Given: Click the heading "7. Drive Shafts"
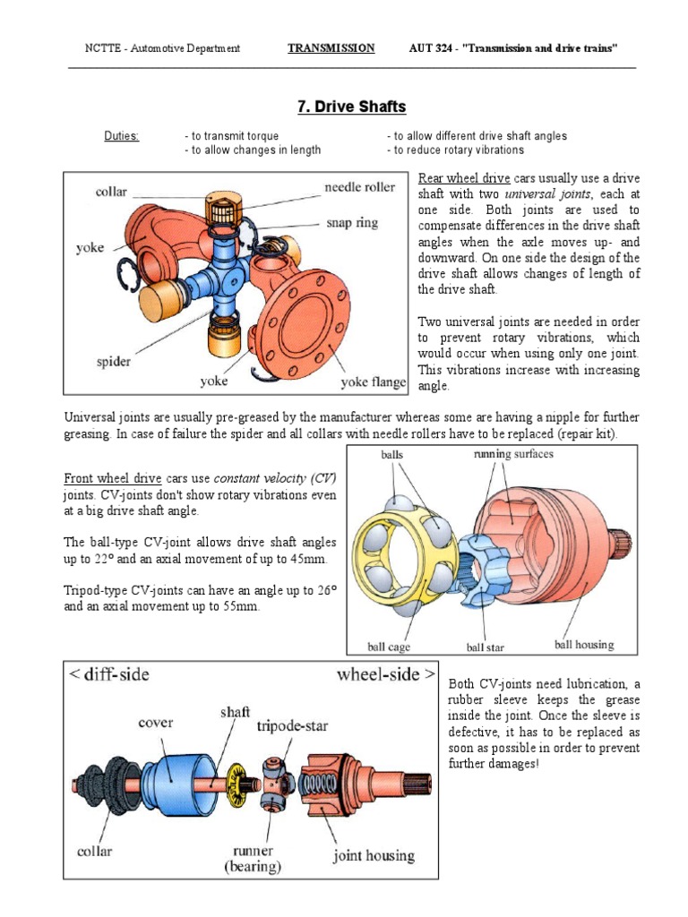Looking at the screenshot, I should pyautogui.click(x=351, y=107).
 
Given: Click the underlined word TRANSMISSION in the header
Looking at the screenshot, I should pyautogui.click(x=331, y=48).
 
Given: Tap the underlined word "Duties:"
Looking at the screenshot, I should pyautogui.click(x=122, y=136).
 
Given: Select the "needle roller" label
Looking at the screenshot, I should pyautogui.click(x=358, y=187).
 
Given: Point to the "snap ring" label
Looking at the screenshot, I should pyautogui.click(x=352, y=222).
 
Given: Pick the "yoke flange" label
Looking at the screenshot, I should pyautogui.click(x=373, y=382).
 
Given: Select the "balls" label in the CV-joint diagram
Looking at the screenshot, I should pyautogui.click(x=391, y=455).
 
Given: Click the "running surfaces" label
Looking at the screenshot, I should pyautogui.click(x=513, y=454).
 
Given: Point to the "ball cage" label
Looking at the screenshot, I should pyautogui.click(x=389, y=646).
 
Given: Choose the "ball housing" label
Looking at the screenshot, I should pyautogui.click(x=584, y=644).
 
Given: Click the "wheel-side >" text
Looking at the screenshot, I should pyautogui.click(x=386, y=674).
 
